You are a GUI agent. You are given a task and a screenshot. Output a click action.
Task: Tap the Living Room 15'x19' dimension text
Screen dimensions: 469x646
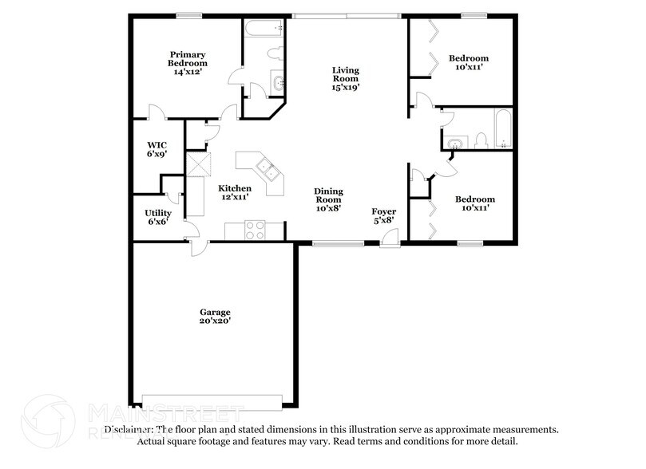346,89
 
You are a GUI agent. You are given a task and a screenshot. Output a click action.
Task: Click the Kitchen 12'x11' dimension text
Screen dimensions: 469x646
235,197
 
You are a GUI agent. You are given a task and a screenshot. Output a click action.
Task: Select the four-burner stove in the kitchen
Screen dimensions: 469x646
255,230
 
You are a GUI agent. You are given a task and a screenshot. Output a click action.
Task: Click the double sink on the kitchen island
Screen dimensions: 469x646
267,170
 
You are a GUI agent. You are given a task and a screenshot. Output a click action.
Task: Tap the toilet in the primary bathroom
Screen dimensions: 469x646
275,53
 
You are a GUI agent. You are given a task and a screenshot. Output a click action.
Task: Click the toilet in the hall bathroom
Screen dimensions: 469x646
481,141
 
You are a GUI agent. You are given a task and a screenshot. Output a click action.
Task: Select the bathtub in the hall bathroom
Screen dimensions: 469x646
503,130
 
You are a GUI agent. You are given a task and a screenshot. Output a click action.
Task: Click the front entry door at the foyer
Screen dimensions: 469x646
389,238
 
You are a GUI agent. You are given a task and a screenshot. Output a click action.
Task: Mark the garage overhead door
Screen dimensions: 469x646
212,401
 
